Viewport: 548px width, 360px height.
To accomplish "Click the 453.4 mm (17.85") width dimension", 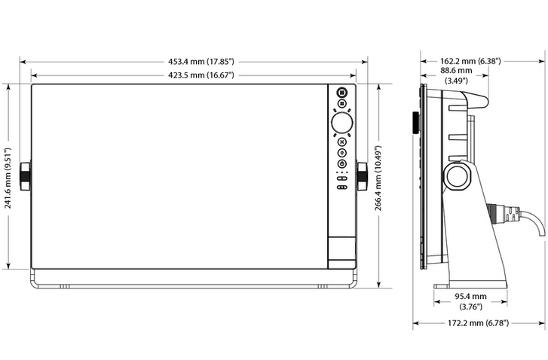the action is point(201,62).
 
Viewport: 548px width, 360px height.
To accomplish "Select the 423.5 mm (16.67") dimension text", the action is point(201,75).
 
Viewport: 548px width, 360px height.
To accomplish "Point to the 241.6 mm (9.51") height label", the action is point(8,178).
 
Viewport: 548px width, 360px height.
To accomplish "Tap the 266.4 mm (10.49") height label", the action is point(378,178).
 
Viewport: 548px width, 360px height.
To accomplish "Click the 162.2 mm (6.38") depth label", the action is point(470,61).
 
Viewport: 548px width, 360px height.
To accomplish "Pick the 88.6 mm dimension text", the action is point(456,71).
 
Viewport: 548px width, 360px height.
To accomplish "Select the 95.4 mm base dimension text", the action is point(470,297).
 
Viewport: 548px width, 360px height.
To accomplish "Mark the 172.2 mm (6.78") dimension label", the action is point(478,323).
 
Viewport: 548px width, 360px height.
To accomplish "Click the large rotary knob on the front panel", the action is point(341,123).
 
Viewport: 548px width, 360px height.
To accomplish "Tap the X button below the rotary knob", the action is point(341,142).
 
